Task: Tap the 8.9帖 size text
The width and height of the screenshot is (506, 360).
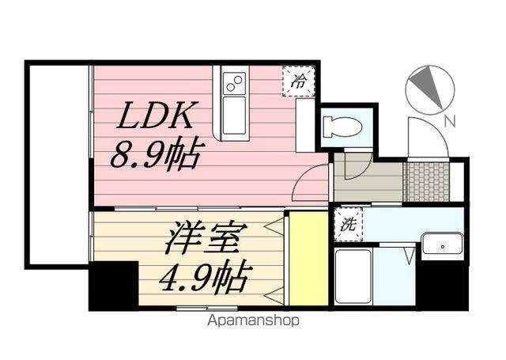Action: click(x=157, y=152)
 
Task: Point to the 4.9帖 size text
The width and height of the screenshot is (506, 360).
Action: click(x=206, y=277)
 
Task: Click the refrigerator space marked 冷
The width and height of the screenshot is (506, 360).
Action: click(x=298, y=81)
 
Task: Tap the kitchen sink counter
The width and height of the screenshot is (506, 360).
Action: click(x=234, y=104)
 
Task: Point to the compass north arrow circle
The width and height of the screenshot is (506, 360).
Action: click(x=429, y=88)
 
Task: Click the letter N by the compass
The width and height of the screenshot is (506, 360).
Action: click(x=449, y=121)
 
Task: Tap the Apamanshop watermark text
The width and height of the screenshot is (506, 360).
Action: click(x=252, y=321)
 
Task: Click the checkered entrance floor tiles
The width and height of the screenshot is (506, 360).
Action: click(x=426, y=183)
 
